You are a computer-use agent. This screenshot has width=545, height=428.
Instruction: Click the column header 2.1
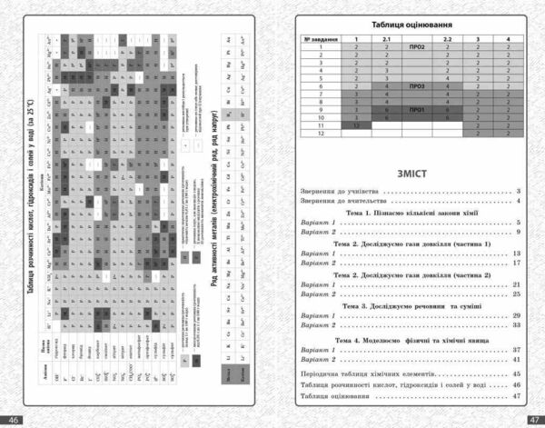386,40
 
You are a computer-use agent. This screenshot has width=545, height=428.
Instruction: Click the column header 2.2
447,40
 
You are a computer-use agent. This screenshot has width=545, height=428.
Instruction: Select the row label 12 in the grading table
321,134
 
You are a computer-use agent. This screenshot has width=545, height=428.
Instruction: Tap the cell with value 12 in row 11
357,126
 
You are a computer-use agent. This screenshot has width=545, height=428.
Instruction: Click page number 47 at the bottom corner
532,419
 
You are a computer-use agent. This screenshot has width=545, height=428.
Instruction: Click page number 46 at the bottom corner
13,419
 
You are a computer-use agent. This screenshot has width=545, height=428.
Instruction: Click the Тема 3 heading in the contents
411,306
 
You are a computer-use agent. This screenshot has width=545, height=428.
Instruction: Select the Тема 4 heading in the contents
411,338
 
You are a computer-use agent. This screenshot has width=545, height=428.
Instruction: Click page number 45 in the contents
515,373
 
